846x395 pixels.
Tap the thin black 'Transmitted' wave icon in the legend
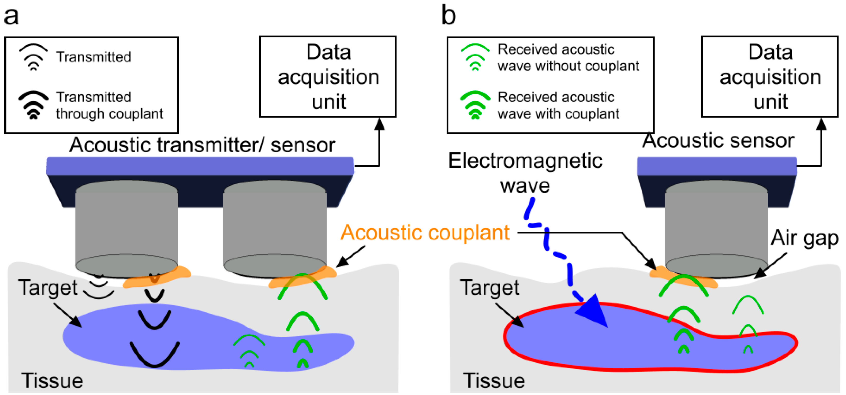click(33, 57)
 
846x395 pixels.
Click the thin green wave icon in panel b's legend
click(475, 57)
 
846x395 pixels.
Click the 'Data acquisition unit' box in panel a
click(328, 77)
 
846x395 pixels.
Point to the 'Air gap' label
click(804, 238)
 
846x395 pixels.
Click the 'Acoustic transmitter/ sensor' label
click(202, 145)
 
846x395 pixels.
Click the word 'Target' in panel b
click(489, 288)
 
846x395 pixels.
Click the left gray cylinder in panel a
click(126, 223)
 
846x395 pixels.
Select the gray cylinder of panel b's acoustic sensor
click(716, 223)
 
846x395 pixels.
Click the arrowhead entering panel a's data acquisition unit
click(379, 124)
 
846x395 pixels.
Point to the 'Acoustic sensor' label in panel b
click(718, 141)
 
